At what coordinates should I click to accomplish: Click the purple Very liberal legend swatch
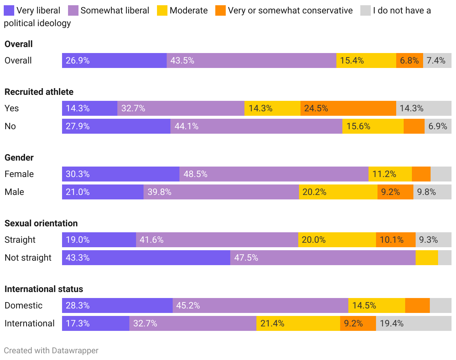pyautogui.click(x=9, y=10)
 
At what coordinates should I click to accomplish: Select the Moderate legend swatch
pyautogui.click(x=162, y=10)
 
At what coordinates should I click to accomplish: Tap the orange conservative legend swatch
pyautogui.click(x=221, y=10)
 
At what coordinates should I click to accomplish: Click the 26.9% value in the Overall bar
pyautogui.click(x=78, y=60)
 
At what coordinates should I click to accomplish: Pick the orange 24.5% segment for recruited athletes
pyautogui.click(x=348, y=108)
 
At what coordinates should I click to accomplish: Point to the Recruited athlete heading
pyautogui.click(x=39, y=92)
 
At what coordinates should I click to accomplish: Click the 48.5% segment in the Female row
pyautogui.click(x=274, y=174)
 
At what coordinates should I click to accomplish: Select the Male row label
pyautogui.click(x=14, y=192)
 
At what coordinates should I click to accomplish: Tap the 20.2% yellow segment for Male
pyautogui.click(x=338, y=192)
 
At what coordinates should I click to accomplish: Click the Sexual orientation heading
pyautogui.click(x=41, y=223)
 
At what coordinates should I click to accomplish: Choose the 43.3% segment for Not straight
pyautogui.click(x=146, y=258)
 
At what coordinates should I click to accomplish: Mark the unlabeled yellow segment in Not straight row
pyautogui.click(x=426, y=258)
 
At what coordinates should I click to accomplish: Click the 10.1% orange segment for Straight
pyautogui.click(x=395, y=240)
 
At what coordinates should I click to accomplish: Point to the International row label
pyautogui.click(x=30, y=323)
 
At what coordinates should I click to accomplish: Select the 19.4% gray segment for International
pyautogui.click(x=413, y=323)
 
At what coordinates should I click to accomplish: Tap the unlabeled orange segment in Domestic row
pyautogui.click(x=417, y=305)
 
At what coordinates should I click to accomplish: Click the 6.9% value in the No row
pyautogui.click(x=438, y=126)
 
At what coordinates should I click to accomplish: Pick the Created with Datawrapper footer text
pyautogui.click(x=51, y=350)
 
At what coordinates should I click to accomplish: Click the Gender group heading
pyautogui.click(x=19, y=158)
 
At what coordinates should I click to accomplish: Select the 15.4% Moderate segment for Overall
pyautogui.click(x=366, y=60)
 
